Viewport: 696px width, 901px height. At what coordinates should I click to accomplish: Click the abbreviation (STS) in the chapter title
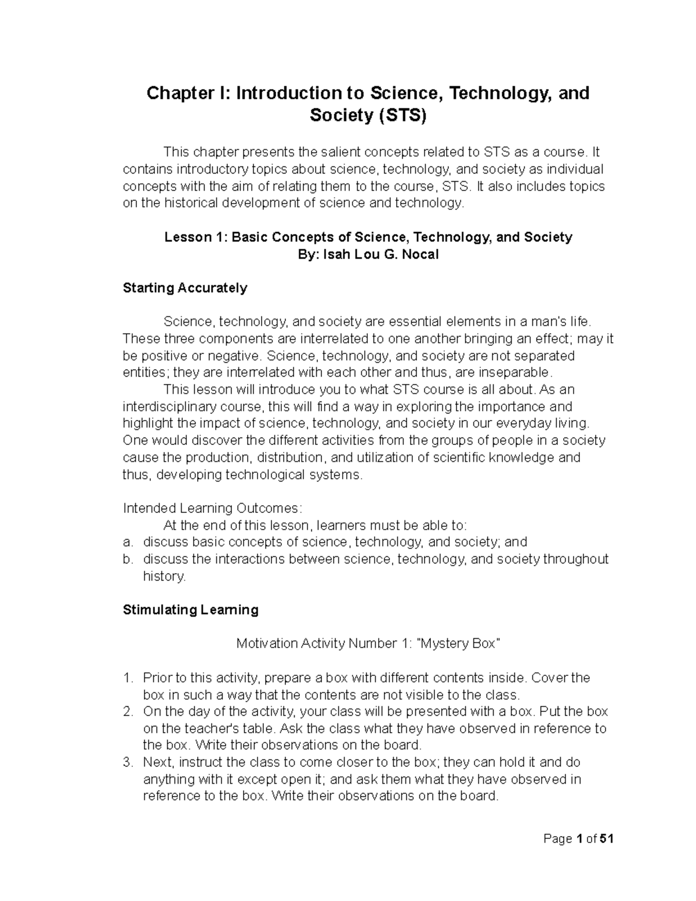(401, 116)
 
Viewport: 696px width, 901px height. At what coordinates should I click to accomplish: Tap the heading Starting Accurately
(185, 288)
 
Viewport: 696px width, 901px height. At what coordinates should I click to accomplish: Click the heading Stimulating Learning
(190, 610)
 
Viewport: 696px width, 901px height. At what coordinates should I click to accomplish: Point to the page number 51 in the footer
(607, 839)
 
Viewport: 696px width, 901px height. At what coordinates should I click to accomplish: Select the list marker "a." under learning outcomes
(128, 542)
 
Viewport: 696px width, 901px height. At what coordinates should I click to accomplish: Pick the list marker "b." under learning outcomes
(128, 559)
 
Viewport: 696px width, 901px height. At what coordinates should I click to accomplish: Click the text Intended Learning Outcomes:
(212, 508)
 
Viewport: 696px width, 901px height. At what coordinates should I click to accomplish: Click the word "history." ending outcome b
(165, 576)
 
